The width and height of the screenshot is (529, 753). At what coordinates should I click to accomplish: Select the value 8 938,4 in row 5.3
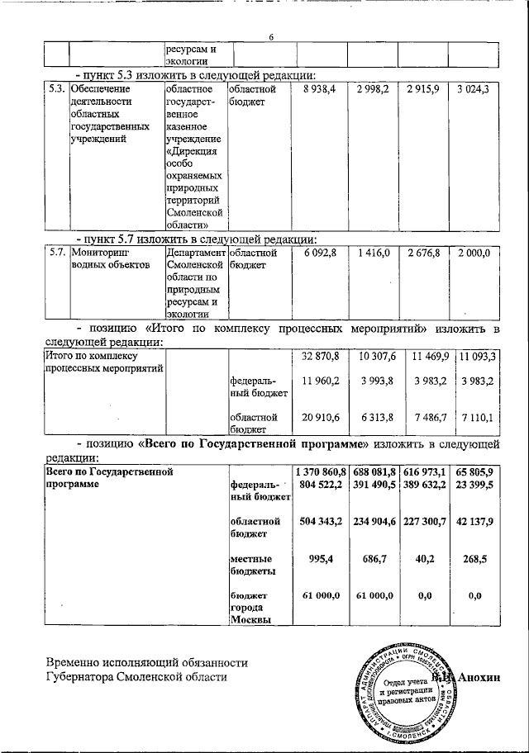(x=320, y=88)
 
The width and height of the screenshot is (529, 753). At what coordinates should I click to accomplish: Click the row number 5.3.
(x=56, y=88)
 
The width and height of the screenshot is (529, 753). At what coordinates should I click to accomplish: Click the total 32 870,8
(x=322, y=357)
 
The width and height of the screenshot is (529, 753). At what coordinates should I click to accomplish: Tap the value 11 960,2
(x=322, y=381)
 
